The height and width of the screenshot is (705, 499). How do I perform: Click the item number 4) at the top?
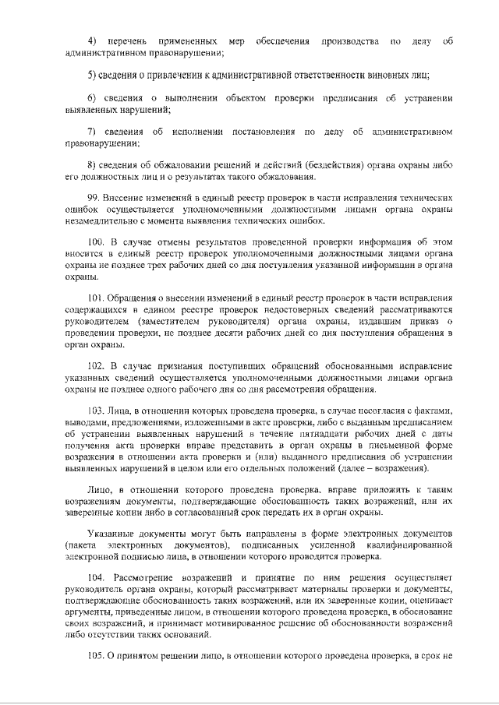click(90, 41)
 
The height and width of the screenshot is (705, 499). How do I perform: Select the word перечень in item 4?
click(129, 41)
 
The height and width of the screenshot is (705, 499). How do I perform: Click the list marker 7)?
click(90, 132)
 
